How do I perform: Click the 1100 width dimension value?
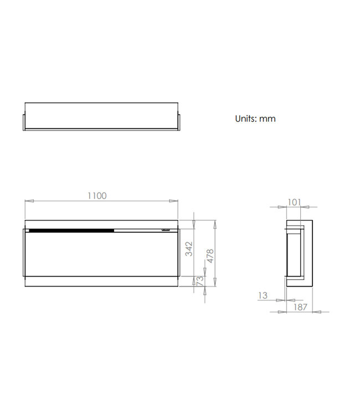click(x=97, y=195)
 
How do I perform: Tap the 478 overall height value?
click(x=210, y=255)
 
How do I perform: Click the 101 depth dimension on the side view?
click(x=295, y=202)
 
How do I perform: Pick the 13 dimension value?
click(x=263, y=296)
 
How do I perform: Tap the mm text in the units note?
click(x=269, y=118)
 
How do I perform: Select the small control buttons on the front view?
click(x=166, y=230)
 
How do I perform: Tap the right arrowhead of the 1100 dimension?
click(x=174, y=201)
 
